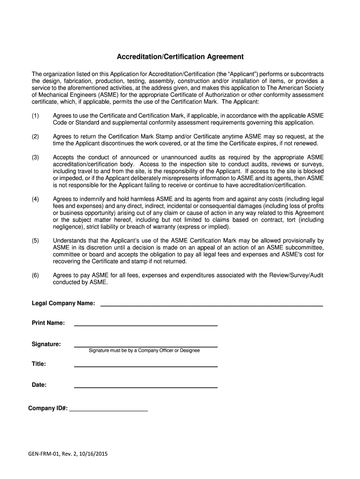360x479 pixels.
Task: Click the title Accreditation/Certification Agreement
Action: pos(180,57)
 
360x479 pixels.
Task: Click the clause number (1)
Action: pos(36,116)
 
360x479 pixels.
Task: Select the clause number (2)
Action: pos(36,136)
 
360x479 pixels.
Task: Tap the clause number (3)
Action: pos(36,157)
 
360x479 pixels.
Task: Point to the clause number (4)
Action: pos(36,199)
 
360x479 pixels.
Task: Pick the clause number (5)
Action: pos(36,240)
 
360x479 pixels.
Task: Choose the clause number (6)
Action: pos(36,276)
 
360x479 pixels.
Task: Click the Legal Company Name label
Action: pos(63,304)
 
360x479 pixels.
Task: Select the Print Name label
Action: pos(48,323)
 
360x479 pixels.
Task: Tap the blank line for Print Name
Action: pos(146,324)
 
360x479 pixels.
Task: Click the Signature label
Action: pos(46,344)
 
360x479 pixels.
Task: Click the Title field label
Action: pos(39,364)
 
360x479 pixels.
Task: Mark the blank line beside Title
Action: pos(146,366)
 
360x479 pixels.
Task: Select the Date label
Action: pos(39,385)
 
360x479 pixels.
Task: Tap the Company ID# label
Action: pos(48,408)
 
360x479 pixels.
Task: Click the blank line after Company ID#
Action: pos(108,410)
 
